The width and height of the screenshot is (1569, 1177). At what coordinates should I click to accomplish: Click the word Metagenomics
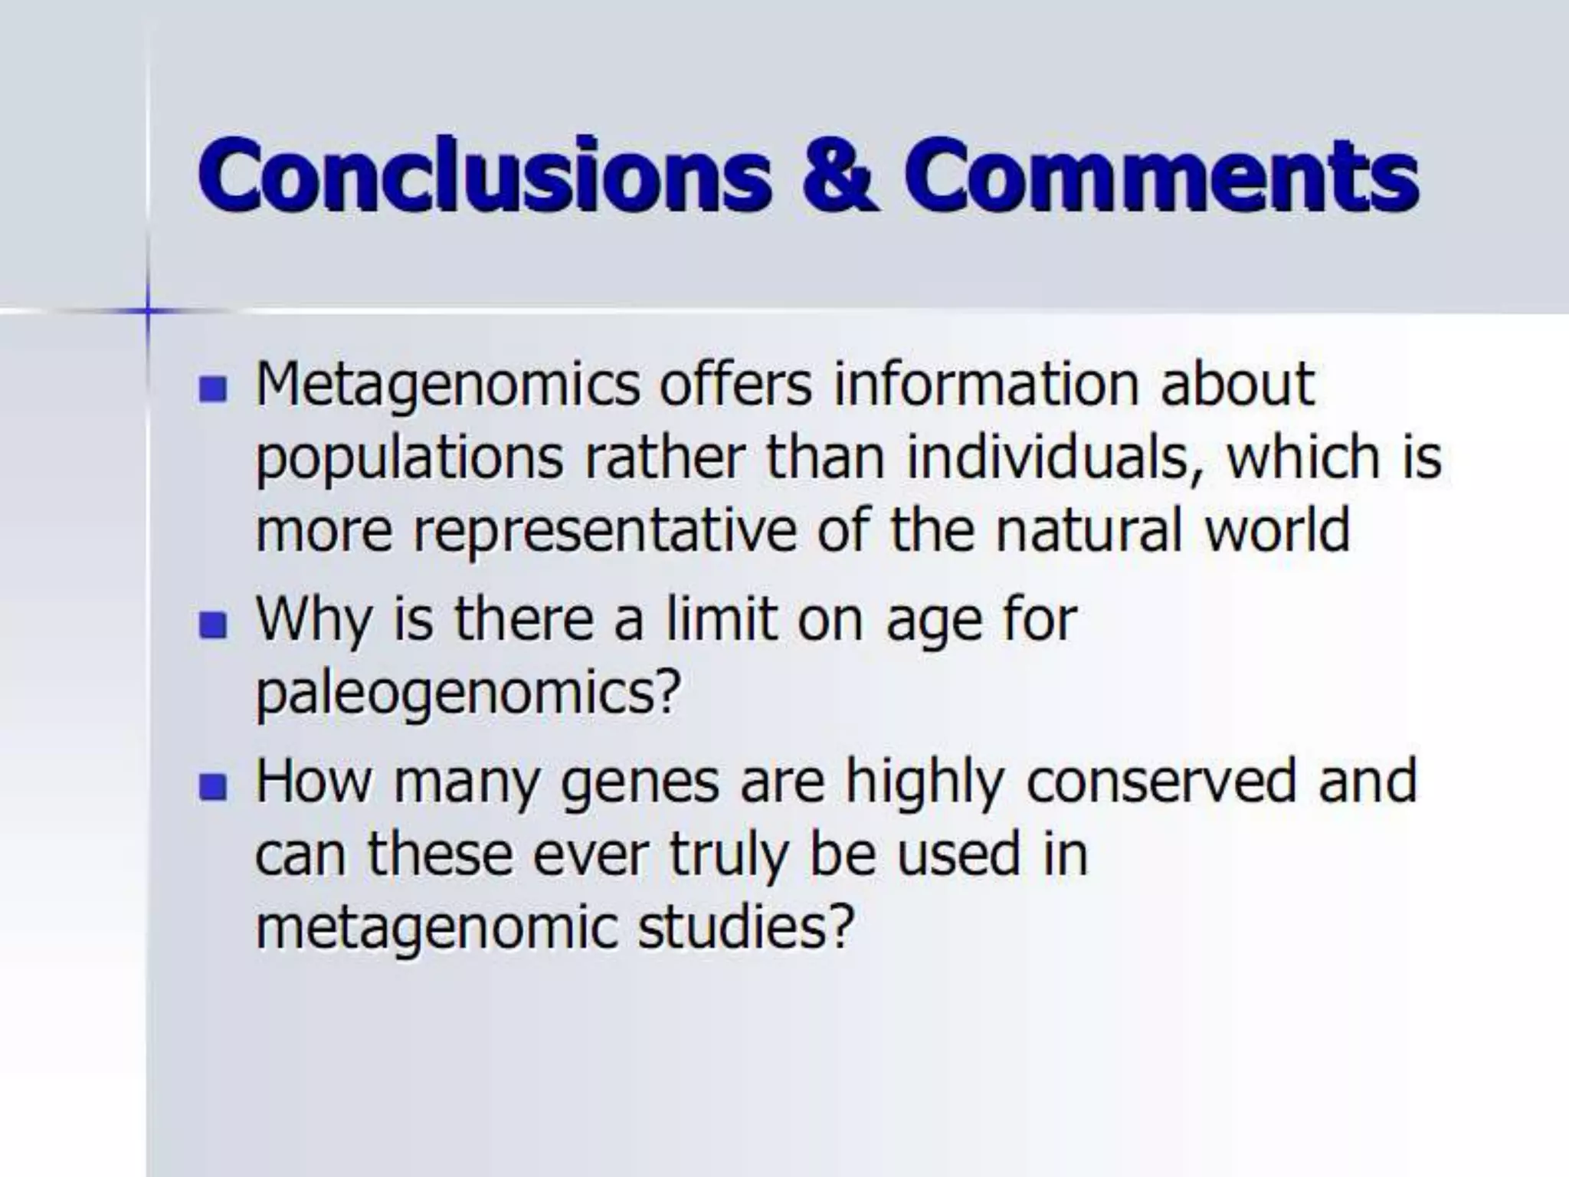pos(447,385)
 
